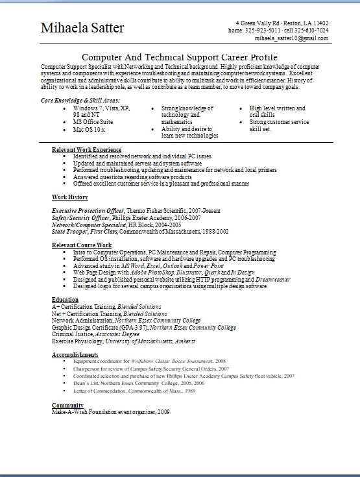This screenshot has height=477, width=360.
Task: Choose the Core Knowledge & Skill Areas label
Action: click(80, 101)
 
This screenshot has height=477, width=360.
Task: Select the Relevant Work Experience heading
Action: click(86, 150)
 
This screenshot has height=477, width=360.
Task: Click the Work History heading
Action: click(70, 197)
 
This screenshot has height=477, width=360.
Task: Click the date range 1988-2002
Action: click(215, 230)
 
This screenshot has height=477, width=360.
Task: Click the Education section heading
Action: click(65, 299)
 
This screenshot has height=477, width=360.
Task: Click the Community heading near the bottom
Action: click(67, 404)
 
